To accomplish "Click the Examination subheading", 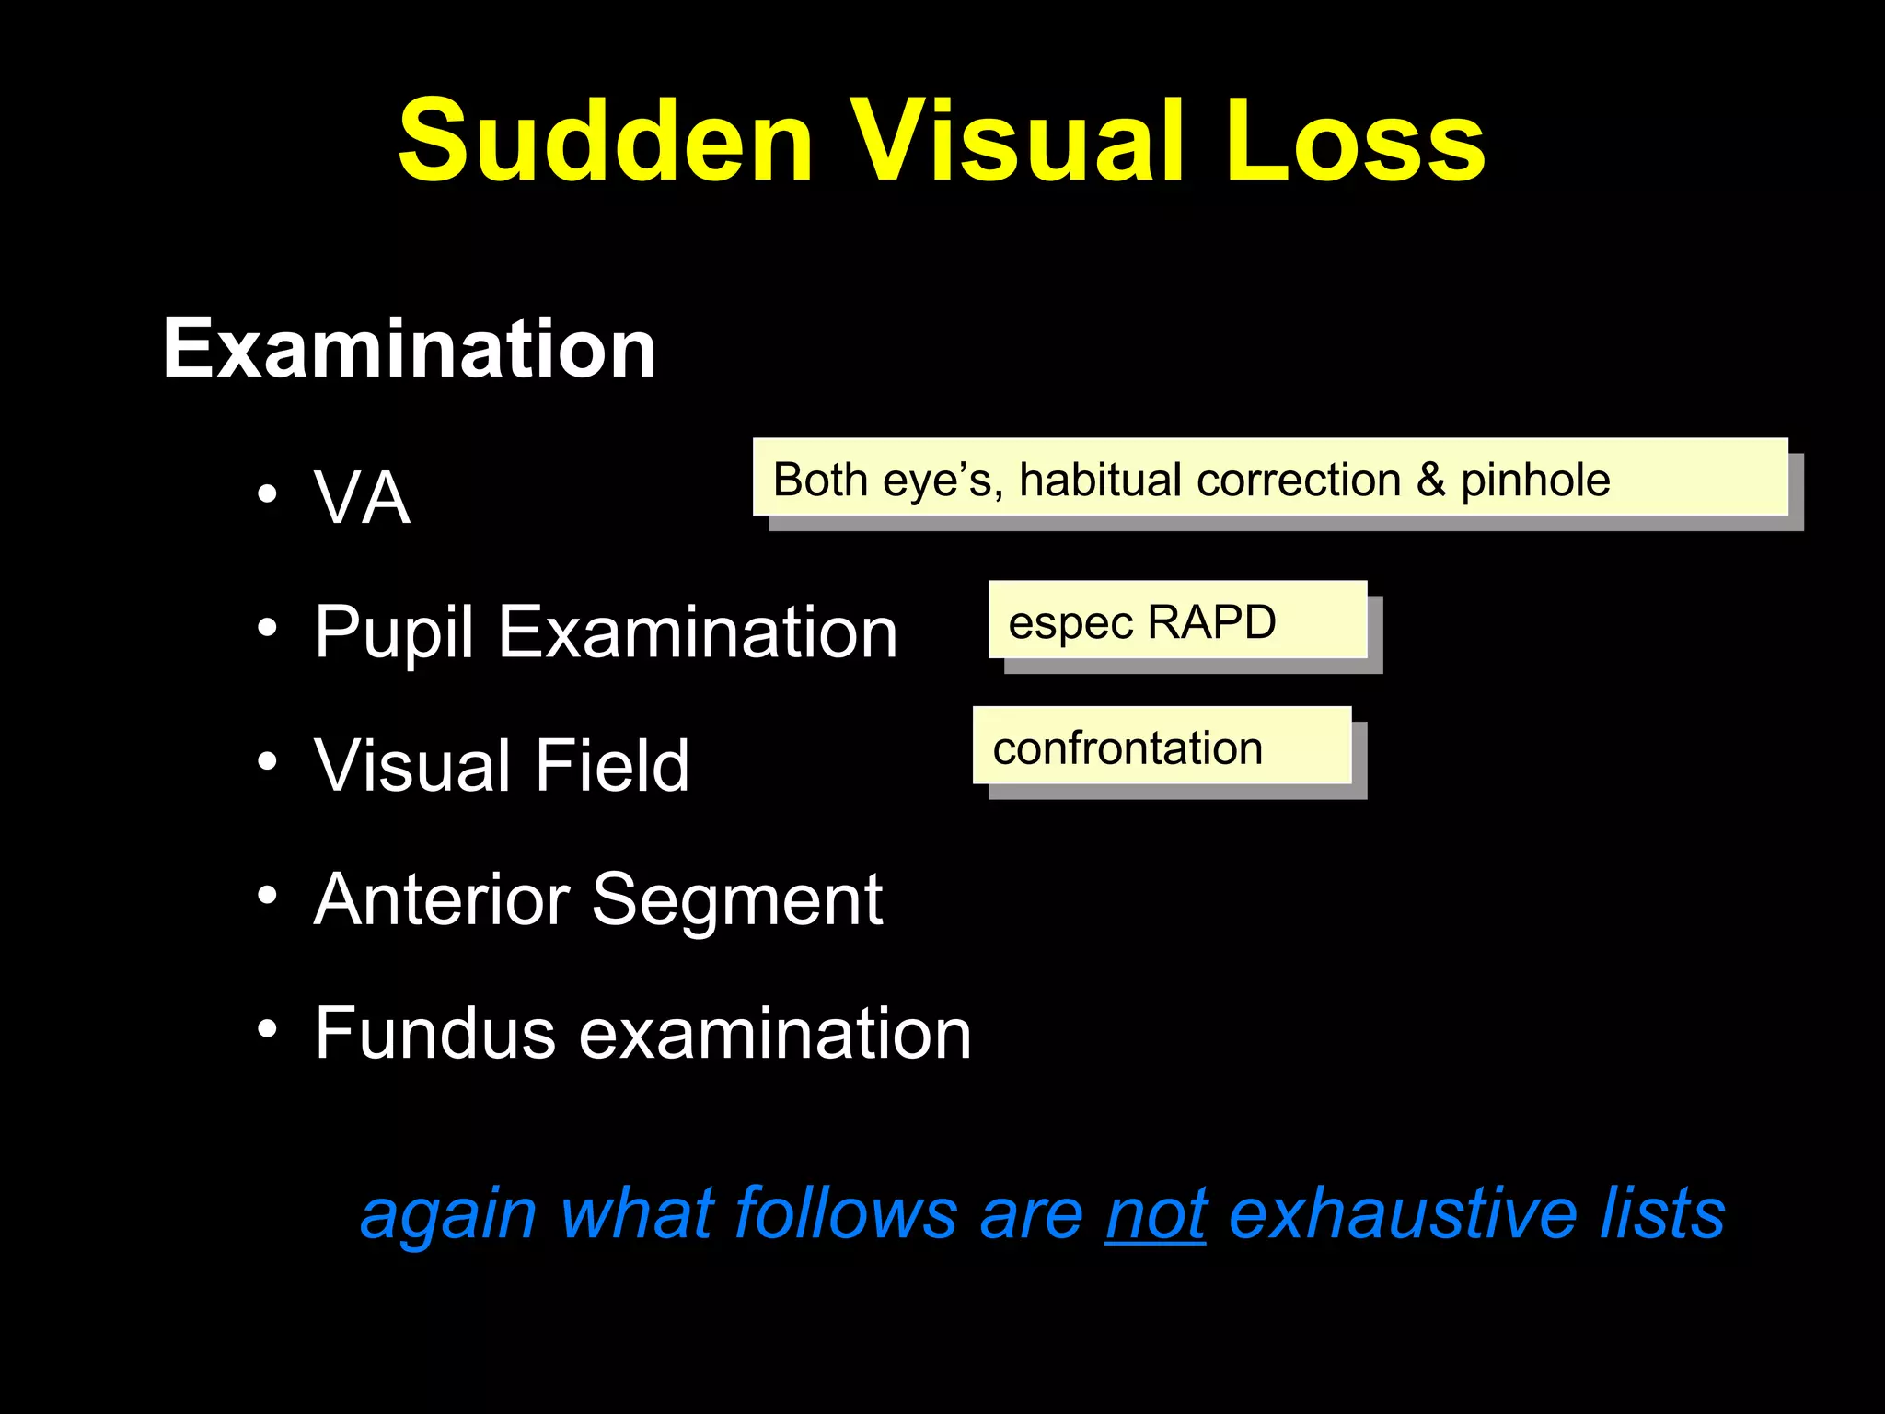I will tap(409, 349).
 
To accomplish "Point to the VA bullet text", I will tap(362, 498).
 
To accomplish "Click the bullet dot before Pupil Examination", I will tap(267, 629).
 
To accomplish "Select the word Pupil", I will tap(394, 633).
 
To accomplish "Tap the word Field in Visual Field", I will tap(611, 765).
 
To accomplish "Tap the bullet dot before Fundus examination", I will tap(267, 1027).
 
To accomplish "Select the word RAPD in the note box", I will tap(1211, 622).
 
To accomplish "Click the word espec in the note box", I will tap(1070, 624).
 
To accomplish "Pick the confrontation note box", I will tap(1162, 747).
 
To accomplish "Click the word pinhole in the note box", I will tap(1535, 481).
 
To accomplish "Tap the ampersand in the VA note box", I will tap(1430, 481).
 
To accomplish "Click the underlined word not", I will tap(1156, 1214).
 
